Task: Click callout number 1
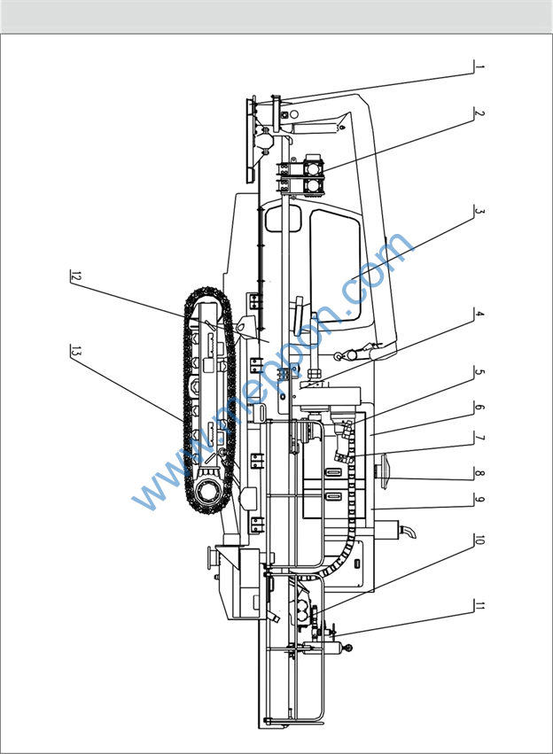click(479, 67)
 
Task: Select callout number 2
click(479, 114)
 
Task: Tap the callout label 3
click(479, 212)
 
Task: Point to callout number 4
click(479, 314)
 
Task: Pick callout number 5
click(479, 373)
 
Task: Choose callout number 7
click(479, 438)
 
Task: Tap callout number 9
click(479, 501)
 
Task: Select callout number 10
click(479, 541)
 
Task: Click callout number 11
click(479, 607)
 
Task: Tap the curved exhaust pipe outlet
click(409, 532)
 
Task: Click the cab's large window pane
click(334, 257)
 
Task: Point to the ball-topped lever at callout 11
click(347, 648)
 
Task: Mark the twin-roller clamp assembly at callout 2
click(300, 175)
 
